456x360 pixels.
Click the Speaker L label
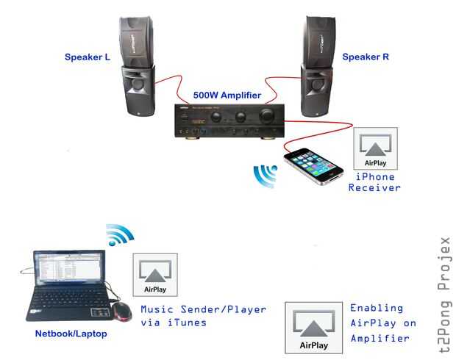pyautogui.click(x=86, y=57)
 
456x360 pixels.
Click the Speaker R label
pyautogui.click(x=366, y=56)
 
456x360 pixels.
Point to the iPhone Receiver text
pyautogui.click(x=375, y=182)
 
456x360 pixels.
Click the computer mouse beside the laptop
pyautogui.click(x=119, y=311)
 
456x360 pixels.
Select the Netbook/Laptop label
pyautogui.click(x=71, y=334)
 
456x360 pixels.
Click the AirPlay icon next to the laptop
pyautogui.click(x=154, y=275)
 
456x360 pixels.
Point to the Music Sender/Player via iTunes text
pyautogui.click(x=203, y=316)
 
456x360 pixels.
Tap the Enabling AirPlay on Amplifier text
pyautogui.click(x=382, y=323)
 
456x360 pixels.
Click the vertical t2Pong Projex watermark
pyautogui.click(x=443, y=294)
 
